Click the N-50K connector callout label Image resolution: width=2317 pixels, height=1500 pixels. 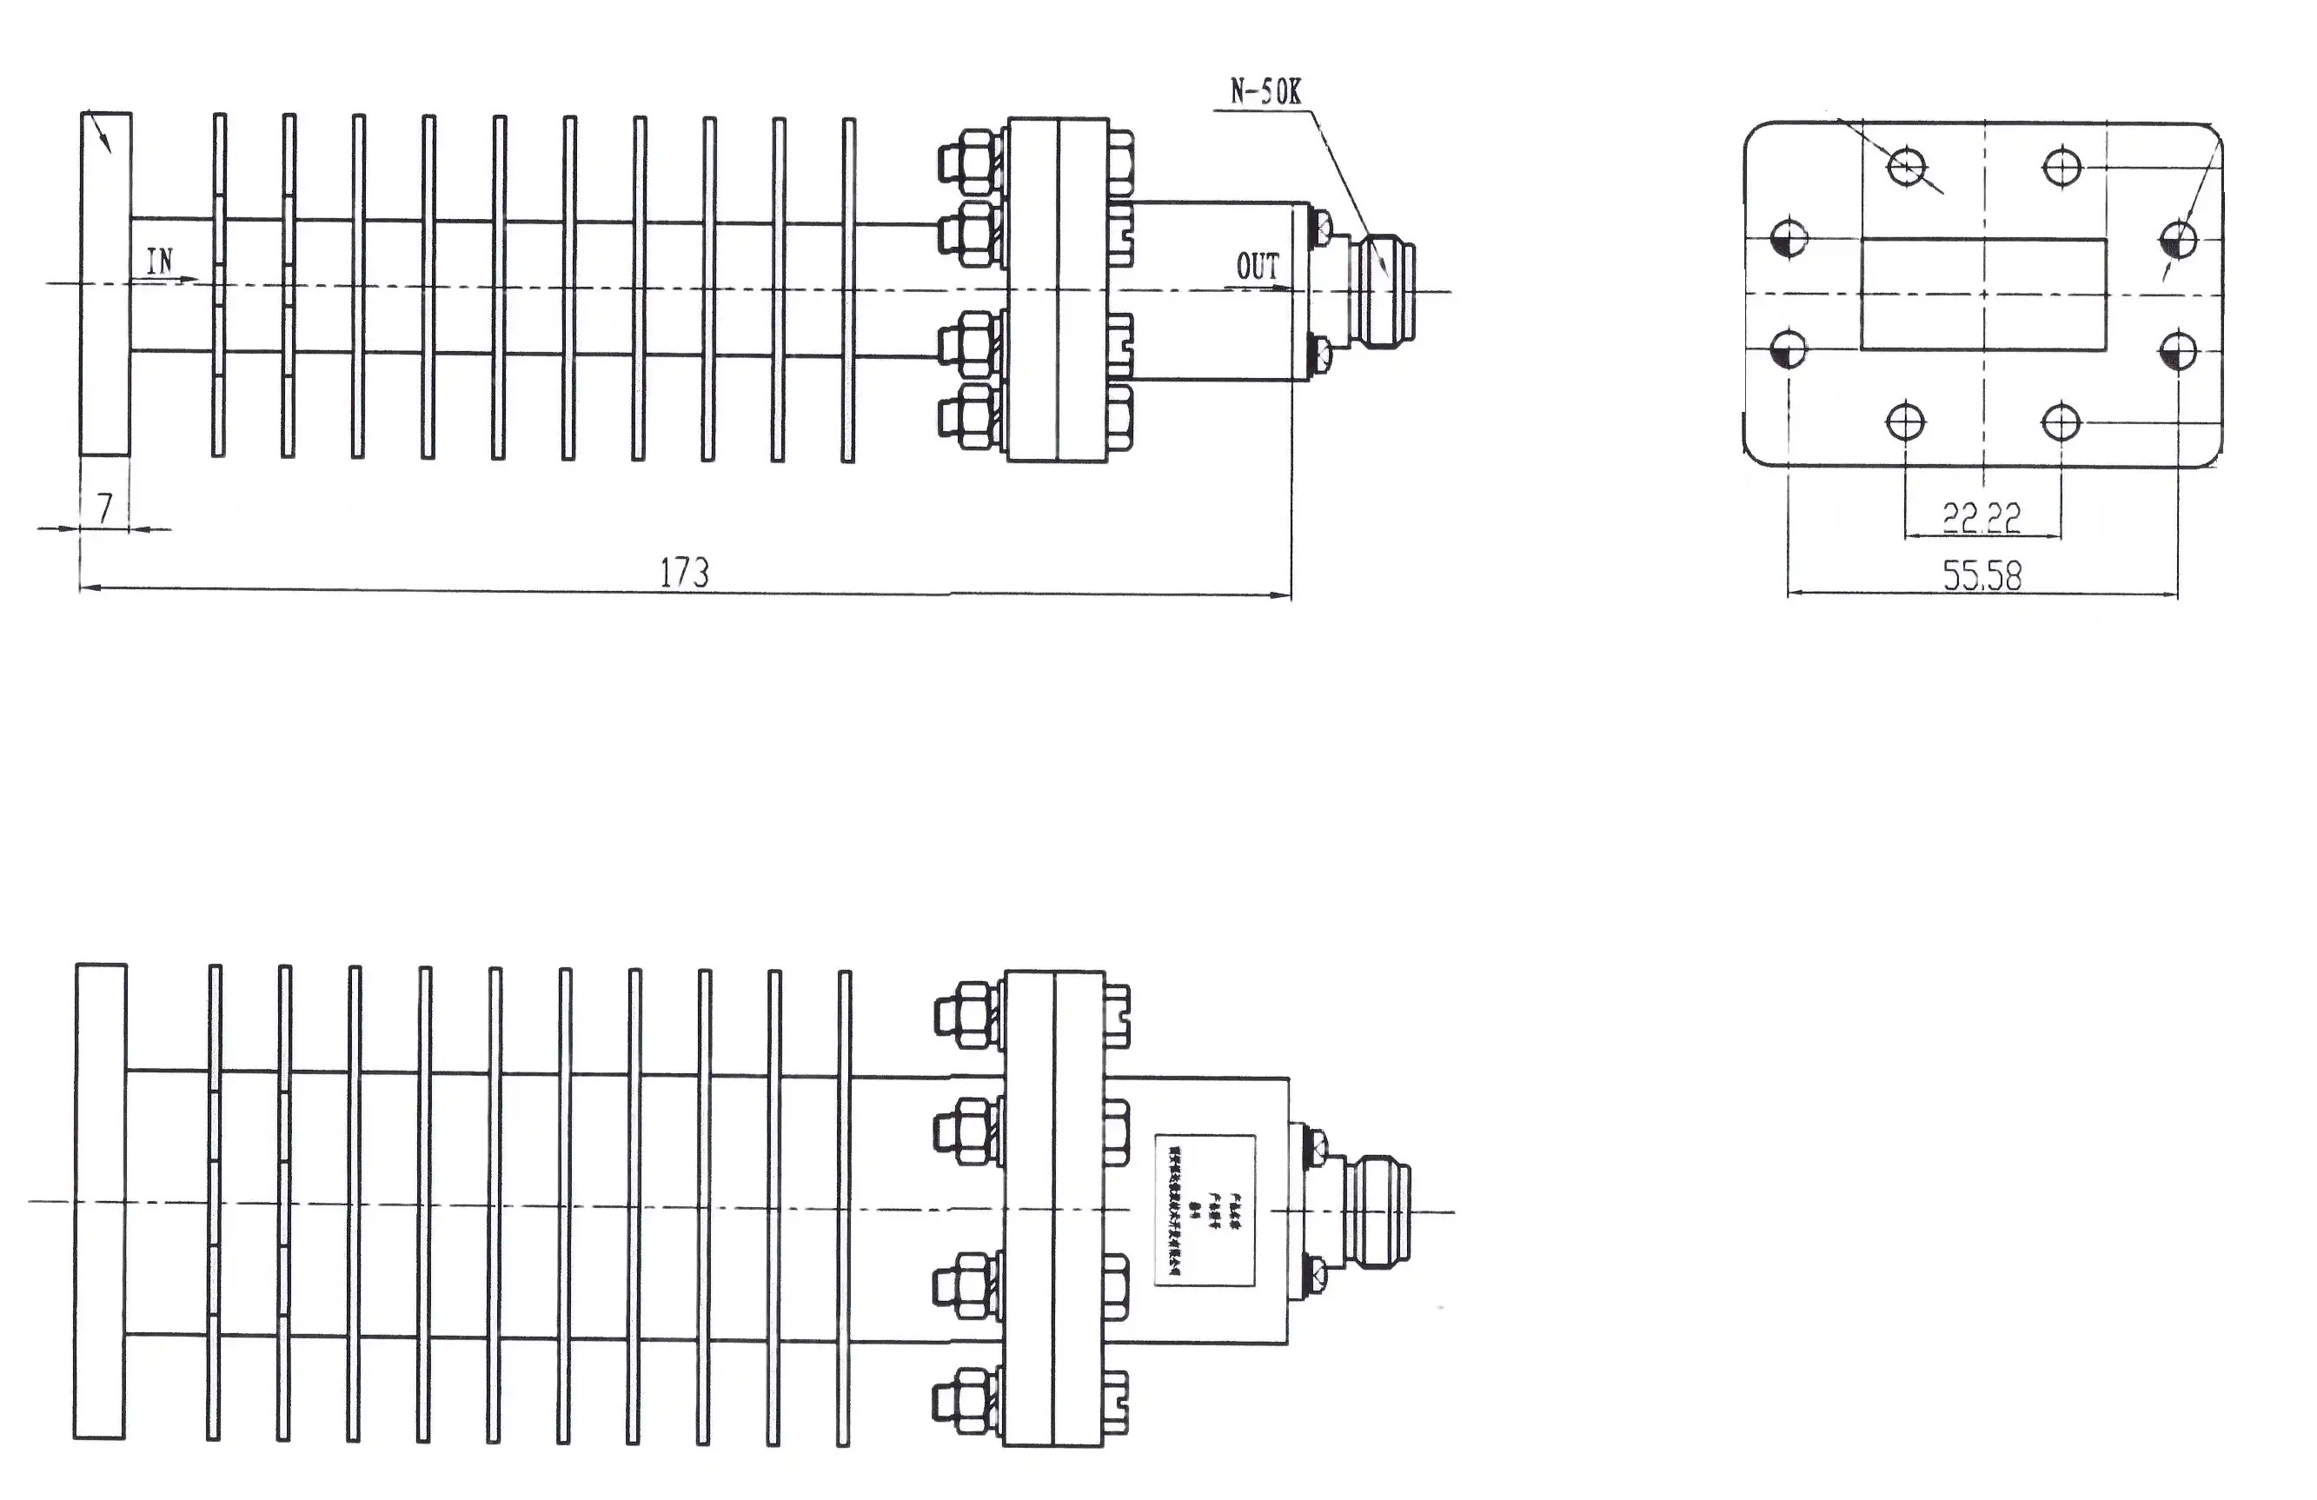[x=1265, y=92]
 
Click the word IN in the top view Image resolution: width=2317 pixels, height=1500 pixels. [x=160, y=261]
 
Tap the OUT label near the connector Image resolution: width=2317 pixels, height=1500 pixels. [x=1257, y=267]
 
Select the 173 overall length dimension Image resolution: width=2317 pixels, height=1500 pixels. [x=684, y=573]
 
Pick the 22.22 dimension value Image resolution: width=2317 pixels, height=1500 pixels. [x=1982, y=517]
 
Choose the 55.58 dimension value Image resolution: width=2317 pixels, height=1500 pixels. [x=1982, y=575]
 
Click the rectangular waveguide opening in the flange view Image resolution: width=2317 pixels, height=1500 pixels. [x=1983, y=294]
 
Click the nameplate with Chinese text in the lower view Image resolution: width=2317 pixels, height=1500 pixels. [x=1205, y=1210]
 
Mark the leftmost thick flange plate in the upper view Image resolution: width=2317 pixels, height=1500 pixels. [x=105, y=283]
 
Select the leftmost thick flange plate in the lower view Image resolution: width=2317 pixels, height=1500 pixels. [x=100, y=1201]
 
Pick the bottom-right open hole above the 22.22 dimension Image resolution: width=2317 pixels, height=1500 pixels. [x=2060, y=422]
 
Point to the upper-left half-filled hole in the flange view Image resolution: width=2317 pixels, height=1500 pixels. [x=1789, y=238]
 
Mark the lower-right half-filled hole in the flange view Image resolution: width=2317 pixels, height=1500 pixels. [x=2178, y=350]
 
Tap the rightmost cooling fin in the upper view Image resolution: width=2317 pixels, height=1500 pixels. [x=848, y=290]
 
